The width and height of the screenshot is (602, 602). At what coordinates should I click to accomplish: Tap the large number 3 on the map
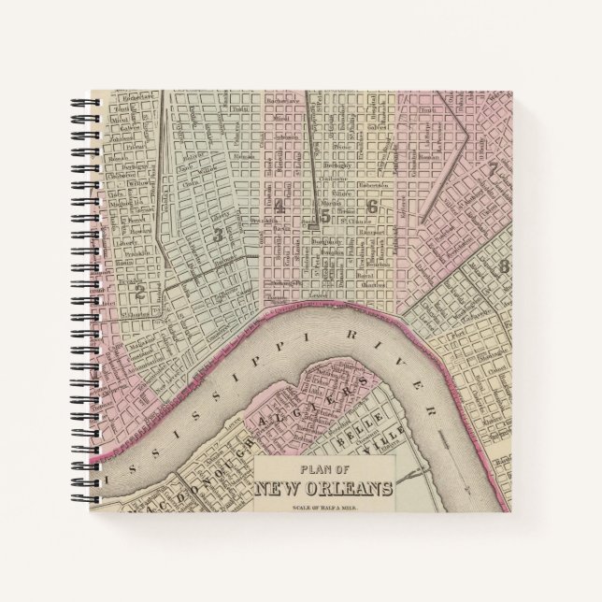217,236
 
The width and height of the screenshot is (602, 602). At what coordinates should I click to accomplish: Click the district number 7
491,169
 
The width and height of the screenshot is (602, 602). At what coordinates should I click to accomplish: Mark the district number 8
504,266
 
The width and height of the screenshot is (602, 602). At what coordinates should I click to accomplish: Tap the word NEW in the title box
281,487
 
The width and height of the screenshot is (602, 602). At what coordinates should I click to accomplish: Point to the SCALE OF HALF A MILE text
323,505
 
